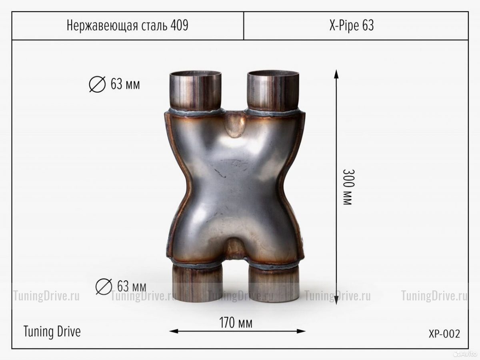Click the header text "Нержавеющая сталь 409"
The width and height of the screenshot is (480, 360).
(x=127, y=25)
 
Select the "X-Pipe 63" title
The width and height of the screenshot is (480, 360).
(x=352, y=25)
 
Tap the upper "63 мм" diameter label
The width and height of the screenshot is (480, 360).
(x=125, y=84)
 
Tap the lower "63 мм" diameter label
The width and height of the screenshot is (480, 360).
(x=132, y=286)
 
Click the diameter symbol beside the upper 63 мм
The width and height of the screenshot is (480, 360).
(x=97, y=84)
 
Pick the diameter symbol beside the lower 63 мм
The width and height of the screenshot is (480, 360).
(x=104, y=286)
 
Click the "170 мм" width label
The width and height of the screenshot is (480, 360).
(x=236, y=323)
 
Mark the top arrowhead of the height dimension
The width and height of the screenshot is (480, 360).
(x=336, y=74)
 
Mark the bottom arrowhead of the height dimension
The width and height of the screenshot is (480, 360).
(x=336, y=300)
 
